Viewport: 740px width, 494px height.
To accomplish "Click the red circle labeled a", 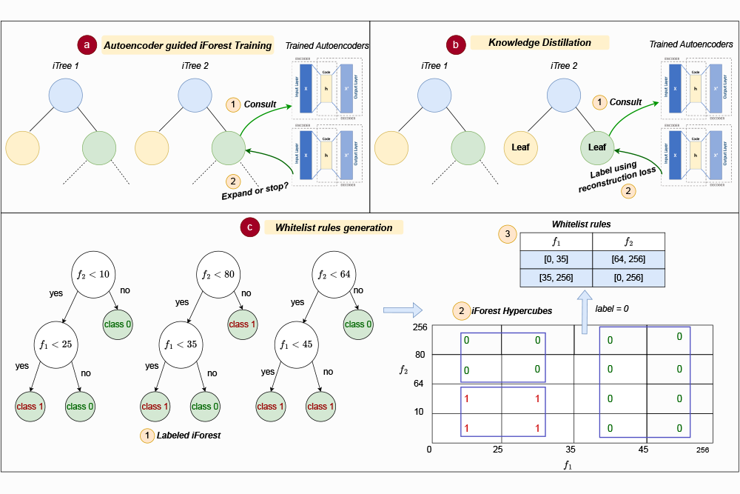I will [88, 45].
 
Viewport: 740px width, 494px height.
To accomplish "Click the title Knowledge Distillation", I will [539, 43].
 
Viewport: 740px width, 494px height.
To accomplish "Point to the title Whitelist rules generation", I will [333, 227].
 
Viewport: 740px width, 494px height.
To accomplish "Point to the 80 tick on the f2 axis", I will [420, 355].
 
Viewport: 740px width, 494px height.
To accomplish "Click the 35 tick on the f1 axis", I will [570, 449].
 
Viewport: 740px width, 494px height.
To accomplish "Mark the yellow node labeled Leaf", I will [520, 147].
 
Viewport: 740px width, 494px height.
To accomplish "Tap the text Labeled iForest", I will [188, 435].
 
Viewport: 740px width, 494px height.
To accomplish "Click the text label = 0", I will [612, 308].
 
